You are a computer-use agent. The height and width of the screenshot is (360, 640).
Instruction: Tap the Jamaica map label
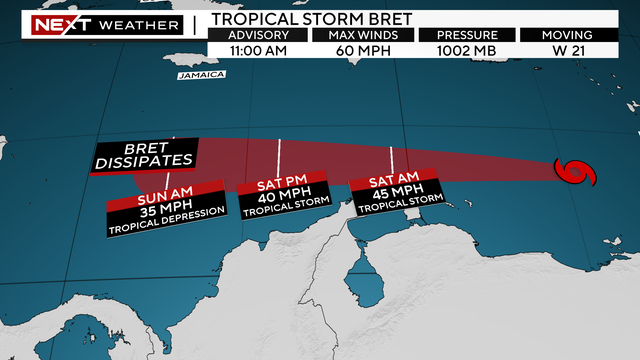coord(199,75)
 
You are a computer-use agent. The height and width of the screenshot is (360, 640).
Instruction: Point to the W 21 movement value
coord(579,52)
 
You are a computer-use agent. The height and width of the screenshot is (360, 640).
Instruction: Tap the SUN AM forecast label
coord(173,196)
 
